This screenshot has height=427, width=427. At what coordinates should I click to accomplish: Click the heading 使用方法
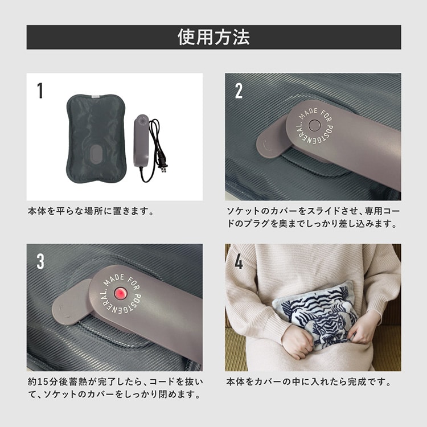[x=213, y=37]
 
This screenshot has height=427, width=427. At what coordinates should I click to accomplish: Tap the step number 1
[x=40, y=91]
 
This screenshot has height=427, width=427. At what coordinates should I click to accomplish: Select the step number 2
[x=239, y=91]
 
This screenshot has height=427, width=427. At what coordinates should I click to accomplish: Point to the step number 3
[x=40, y=261]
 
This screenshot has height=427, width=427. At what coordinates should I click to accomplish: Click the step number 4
[x=239, y=261]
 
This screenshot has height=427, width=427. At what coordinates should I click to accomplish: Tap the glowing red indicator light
[x=120, y=293]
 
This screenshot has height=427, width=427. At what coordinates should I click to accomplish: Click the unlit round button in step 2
[x=315, y=126]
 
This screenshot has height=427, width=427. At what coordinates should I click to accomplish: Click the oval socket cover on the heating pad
[x=95, y=154]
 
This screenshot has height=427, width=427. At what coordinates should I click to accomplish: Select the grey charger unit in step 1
[x=141, y=141]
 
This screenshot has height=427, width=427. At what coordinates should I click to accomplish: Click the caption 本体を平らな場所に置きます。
[x=91, y=211]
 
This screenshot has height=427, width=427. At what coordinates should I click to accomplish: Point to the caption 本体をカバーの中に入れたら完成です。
[x=308, y=382]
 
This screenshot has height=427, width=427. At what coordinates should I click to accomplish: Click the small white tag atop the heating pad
[x=96, y=96]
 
